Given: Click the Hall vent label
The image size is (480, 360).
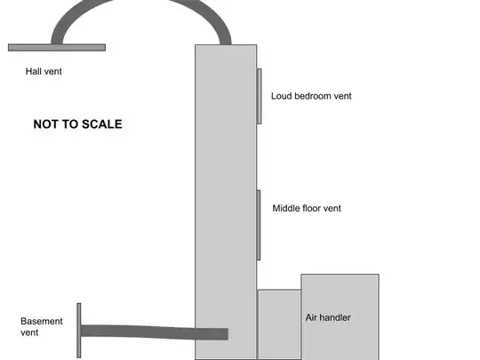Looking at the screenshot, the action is [x=44, y=71].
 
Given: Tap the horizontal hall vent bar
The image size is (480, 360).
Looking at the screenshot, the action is [x=57, y=47].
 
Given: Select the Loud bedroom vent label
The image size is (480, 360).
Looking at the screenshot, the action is [x=311, y=96].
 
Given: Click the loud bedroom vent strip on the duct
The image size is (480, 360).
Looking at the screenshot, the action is [x=260, y=96].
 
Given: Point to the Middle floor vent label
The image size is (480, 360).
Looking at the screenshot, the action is [x=307, y=209].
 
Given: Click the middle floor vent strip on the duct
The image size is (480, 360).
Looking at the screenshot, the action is [x=259, y=225].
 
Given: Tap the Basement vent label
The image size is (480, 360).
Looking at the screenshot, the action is [x=42, y=326].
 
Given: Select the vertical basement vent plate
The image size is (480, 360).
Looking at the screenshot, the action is [x=79, y=331].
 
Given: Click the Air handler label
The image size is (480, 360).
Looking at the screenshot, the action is [x=328, y=317].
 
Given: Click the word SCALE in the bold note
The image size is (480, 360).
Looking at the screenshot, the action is [x=102, y=124].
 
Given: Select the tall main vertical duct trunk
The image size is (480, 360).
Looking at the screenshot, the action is [x=226, y=202].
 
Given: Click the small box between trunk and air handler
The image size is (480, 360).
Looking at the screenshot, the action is [x=279, y=324].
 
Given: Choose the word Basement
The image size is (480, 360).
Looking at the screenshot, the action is [x=42, y=322].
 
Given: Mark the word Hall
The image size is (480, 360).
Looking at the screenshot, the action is [x=33, y=71].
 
